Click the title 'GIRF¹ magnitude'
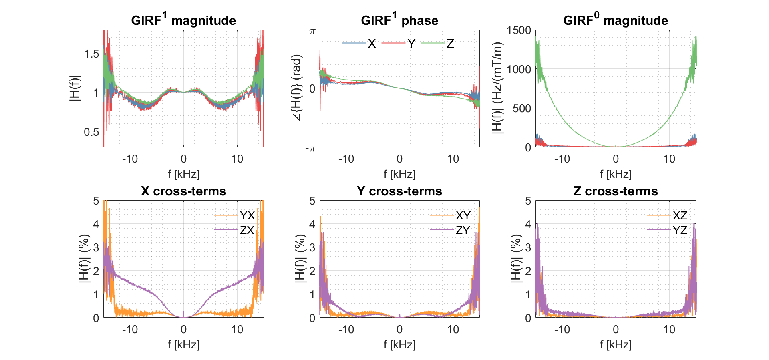183,20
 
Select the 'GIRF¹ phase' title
399,20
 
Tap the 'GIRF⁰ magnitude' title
616,20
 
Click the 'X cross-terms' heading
183,191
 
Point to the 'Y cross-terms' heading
399,191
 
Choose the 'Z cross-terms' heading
616,191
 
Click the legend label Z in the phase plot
450,44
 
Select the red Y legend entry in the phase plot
411,44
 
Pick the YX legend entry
247,215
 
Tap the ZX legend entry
247,230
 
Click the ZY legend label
463,230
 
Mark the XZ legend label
680,215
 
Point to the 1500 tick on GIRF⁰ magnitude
519,30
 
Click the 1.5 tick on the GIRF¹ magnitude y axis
91,54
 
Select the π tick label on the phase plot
312,31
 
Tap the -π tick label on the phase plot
310,149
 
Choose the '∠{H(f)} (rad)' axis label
297,88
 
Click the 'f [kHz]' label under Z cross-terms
616,344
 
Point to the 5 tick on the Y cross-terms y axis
312,201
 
